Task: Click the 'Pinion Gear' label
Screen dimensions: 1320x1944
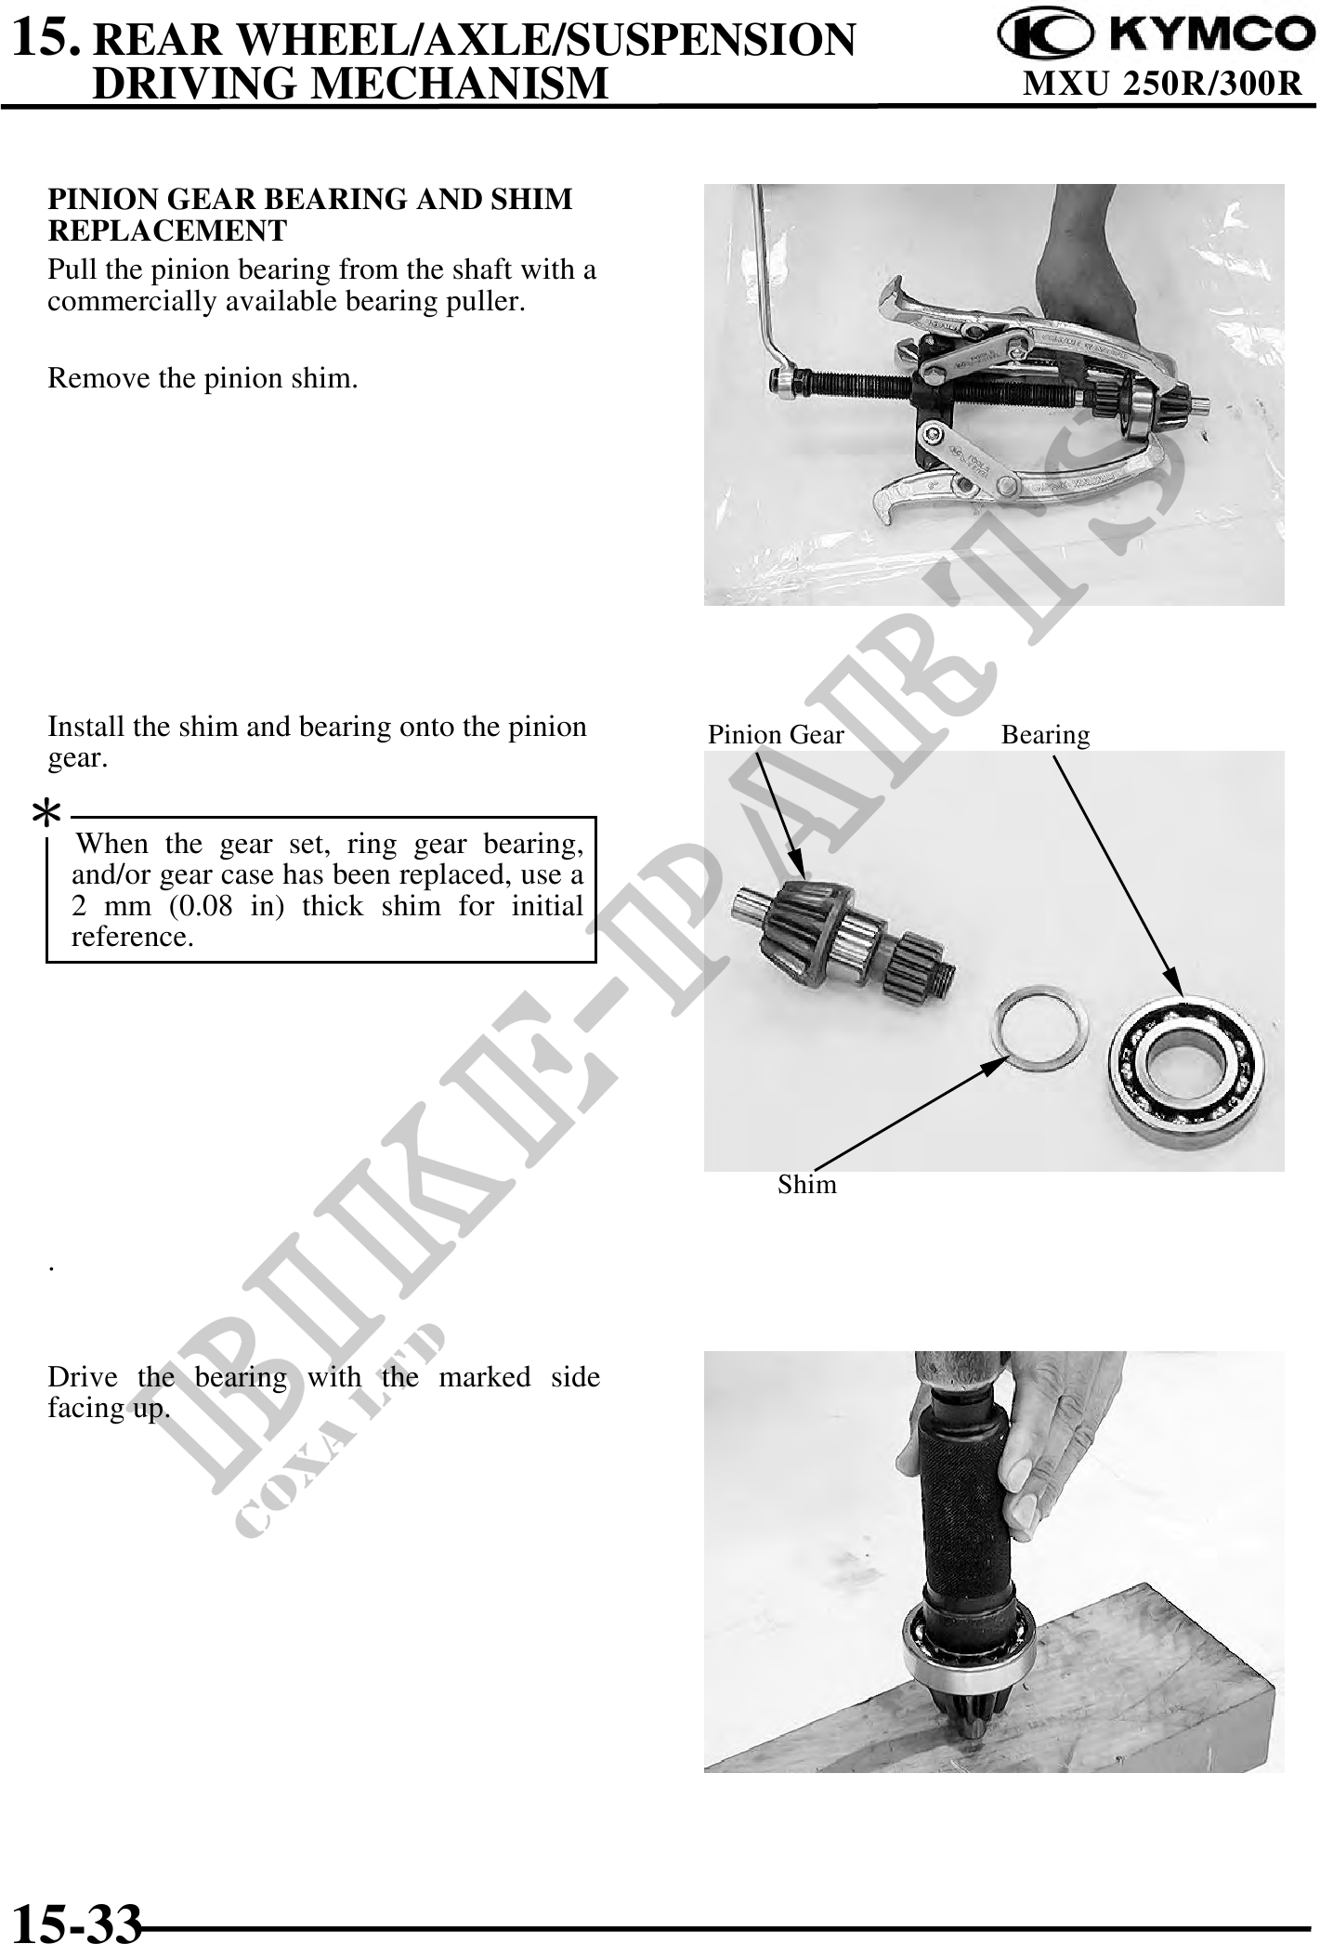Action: click(x=776, y=735)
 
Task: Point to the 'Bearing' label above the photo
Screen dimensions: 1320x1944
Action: click(x=1045, y=735)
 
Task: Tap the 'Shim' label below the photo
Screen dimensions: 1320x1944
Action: click(x=807, y=1185)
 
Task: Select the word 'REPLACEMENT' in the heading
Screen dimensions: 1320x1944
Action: click(x=167, y=230)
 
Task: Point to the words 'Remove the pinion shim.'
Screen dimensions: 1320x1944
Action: click(x=203, y=379)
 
